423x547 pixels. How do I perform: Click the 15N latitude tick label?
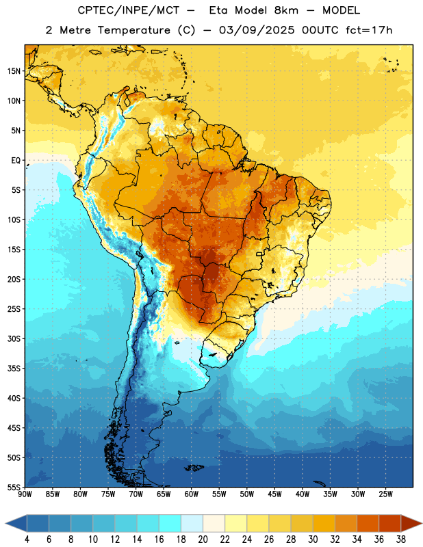click(14, 71)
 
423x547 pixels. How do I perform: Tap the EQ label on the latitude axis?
click(16, 161)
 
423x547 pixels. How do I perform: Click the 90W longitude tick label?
click(25, 494)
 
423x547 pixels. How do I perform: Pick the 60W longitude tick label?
click(192, 494)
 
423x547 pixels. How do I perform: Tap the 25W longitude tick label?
click(385, 494)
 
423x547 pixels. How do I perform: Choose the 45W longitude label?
click(274, 494)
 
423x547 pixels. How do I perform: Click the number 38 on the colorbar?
click(400, 539)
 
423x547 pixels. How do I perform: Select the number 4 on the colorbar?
click(27, 539)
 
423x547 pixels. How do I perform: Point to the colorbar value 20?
click(203, 539)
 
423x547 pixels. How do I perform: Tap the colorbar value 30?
click(313, 539)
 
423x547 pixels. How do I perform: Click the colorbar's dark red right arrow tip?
click(422, 524)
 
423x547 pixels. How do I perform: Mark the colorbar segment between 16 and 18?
click(170, 524)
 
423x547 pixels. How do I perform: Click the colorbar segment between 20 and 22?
click(214, 524)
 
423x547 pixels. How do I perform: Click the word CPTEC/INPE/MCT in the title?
click(128, 10)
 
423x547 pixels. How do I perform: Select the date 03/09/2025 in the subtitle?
click(257, 30)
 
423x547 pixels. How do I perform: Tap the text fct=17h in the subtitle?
click(369, 30)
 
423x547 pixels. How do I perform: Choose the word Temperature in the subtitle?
click(133, 30)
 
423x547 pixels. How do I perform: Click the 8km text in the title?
click(286, 10)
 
